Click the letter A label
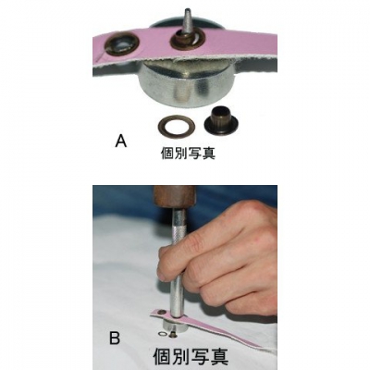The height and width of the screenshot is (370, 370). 121,142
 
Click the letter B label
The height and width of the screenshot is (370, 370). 115,339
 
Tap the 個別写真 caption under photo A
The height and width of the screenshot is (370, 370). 188,153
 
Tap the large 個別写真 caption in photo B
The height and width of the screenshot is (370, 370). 191,356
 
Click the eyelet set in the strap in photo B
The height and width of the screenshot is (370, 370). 161,313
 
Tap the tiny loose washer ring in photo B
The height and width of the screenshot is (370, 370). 161,334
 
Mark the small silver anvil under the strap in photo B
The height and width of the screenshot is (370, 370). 176,328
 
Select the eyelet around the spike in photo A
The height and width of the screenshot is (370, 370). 187,41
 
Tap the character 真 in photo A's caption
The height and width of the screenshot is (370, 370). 209,153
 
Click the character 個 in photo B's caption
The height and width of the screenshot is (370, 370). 163,356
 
